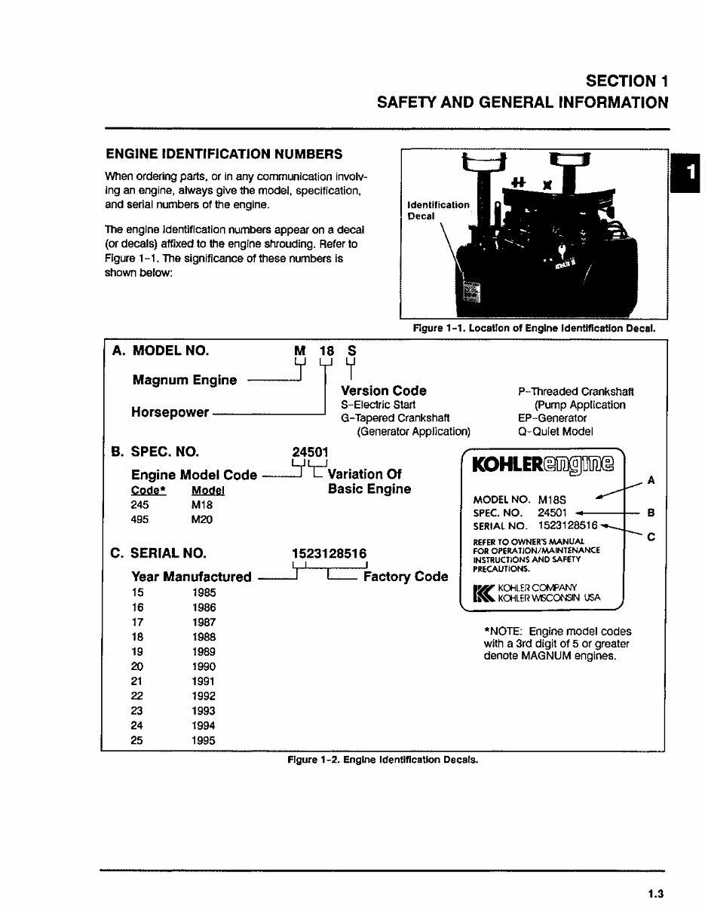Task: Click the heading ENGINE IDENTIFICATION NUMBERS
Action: [x=224, y=154]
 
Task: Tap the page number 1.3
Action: [x=654, y=895]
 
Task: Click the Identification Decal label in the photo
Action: [x=437, y=210]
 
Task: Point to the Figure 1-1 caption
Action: [x=534, y=328]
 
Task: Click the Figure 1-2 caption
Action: [x=382, y=760]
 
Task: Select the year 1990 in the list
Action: [x=204, y=666]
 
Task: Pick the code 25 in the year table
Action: [x=137, y=740]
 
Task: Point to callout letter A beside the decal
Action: [x=651, y=479]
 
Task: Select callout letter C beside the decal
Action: [x=651, y=537]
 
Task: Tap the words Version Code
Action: [x=383, y=390]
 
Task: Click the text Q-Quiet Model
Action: [x=556, y=432]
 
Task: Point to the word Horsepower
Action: [x=170, y=413]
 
